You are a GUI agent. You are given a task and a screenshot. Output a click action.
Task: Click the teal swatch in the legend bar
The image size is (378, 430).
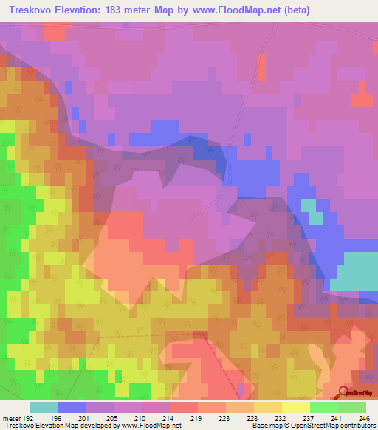[44, 407]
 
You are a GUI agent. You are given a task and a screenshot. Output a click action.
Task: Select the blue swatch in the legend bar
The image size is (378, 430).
[72, 407]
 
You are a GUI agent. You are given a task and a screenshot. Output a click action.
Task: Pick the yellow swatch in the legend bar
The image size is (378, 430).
[296, 407]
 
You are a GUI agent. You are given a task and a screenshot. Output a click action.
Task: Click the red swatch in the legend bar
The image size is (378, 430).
[184, 407]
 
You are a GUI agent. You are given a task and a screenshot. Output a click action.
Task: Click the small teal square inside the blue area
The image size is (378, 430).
[315, 212]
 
